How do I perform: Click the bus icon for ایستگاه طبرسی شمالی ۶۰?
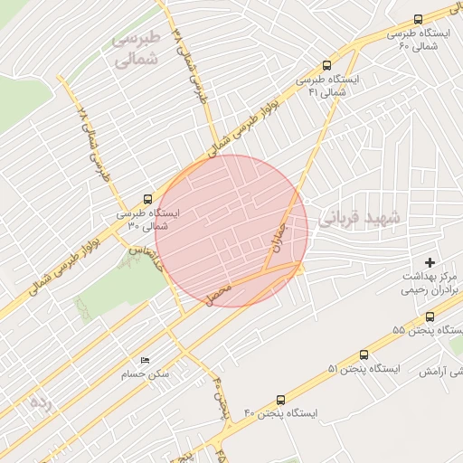[418, 20]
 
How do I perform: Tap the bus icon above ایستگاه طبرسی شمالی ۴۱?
[326, 65]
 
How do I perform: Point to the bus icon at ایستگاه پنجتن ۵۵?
[430, 317]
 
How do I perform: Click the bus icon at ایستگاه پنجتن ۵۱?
[364, 355]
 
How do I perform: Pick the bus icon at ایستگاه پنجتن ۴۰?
[279, 399]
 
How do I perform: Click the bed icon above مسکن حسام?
[144, 359]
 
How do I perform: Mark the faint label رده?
[41, 399]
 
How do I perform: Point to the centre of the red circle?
[231, 231]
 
